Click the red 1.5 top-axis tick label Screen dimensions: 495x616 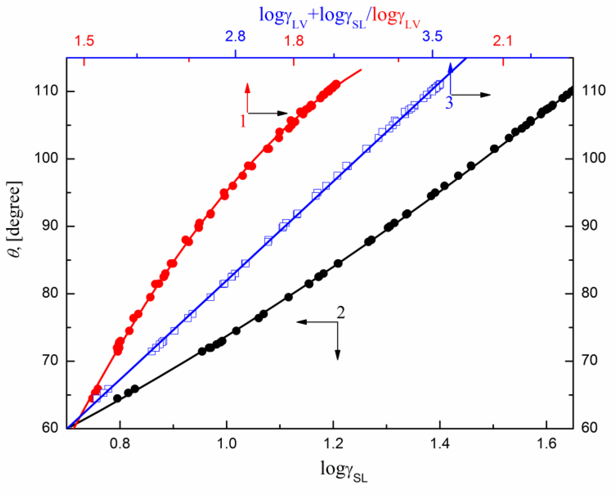click(84, 41)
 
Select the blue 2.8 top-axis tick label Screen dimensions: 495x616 click(235, 37)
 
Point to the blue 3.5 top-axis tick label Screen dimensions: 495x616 click(432, 37)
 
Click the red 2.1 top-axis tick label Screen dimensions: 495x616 click(502, 41)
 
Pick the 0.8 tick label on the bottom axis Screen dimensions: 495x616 click(120, 444)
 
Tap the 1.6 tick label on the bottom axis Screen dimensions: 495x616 click(546, 444)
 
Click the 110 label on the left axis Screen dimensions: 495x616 click(46, 91)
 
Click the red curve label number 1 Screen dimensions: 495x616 click(243, 121)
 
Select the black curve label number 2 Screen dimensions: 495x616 click(341, 312)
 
